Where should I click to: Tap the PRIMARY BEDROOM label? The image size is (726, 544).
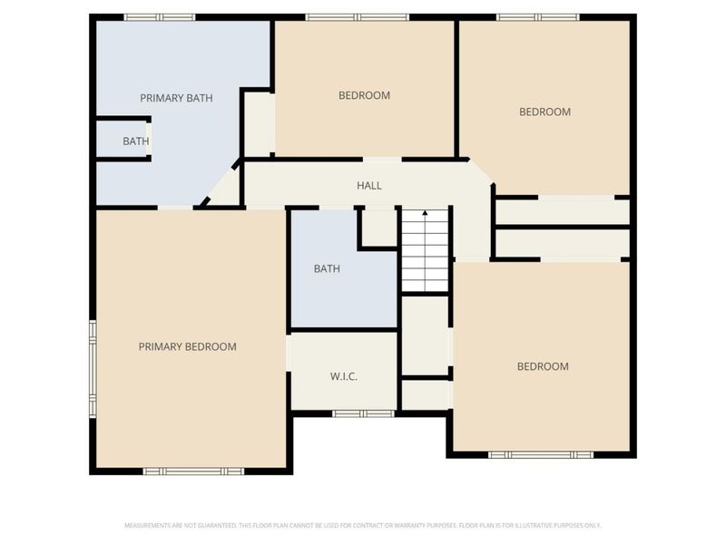[x=187, y=346]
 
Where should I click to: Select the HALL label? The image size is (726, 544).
[x=368, y=186]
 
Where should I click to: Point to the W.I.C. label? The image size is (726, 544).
[x=343, y=375]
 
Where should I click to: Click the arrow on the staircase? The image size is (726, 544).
[x=425, y=215]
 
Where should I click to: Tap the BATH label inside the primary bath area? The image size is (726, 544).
[x=135, y=141]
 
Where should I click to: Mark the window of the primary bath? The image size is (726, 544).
[x=160, y=16]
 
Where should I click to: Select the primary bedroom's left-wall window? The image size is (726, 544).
[x=92, y=367]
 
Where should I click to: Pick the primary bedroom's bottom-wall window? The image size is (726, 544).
[x=193, y=471]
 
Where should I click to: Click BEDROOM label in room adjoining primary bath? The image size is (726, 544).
[x=364, y=95]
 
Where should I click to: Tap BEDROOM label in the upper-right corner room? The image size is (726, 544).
[x=544, y=112]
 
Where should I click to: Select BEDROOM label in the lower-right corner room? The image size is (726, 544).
[x=543, y=366]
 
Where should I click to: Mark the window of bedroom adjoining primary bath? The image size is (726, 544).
[x=357, y=16]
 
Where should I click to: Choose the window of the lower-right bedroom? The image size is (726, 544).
[x=541, y=454]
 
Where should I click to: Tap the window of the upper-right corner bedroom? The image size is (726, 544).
[x=537, y=16]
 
